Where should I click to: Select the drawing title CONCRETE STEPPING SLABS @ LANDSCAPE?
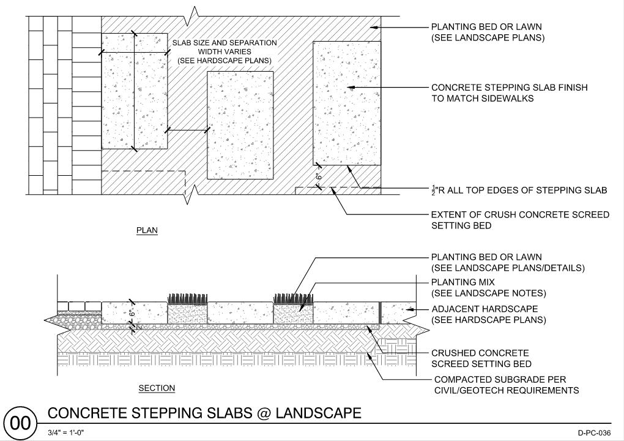204,413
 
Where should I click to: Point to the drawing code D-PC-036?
594,433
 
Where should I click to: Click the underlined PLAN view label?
147,231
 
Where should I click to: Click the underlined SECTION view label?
157,388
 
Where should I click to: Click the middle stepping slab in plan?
240,125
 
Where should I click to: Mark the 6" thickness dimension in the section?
130,313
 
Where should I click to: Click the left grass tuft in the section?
187,298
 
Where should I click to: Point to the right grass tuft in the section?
293,298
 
